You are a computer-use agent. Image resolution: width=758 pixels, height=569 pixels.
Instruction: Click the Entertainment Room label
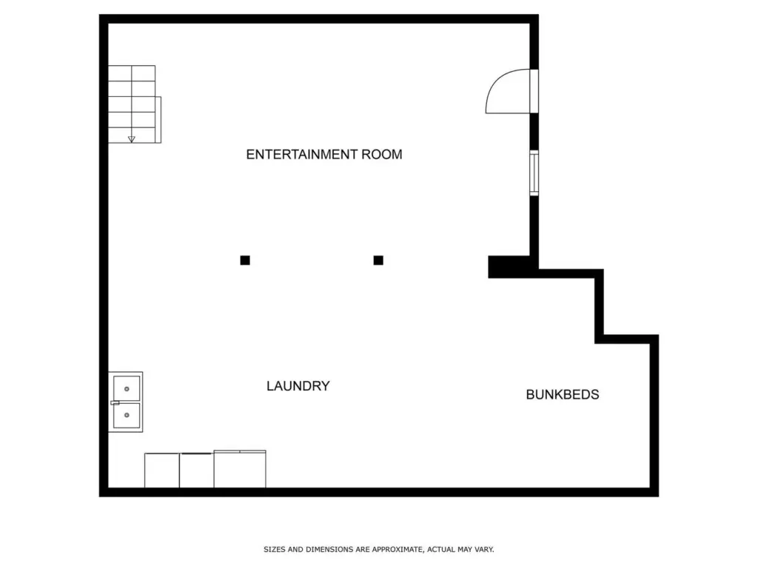click(x=324, y=154)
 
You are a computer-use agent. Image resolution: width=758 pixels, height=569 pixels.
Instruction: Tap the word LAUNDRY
click(x=298, y=385)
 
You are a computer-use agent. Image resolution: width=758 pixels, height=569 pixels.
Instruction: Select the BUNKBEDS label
click(x=563, y=394)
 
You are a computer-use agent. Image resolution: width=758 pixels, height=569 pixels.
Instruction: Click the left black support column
click(x=245, y=260)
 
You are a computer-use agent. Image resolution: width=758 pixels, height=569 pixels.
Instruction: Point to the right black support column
click(x=378, y=260)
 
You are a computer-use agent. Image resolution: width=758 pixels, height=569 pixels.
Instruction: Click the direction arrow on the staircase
click(x=132, y=139)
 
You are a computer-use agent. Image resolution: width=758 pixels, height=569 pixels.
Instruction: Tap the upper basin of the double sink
click(x=127, y=388)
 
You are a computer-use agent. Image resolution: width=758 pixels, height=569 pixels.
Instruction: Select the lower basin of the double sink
click(x=127, y=415)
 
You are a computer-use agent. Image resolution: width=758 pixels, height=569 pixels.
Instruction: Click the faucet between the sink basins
click(x=115, y=402)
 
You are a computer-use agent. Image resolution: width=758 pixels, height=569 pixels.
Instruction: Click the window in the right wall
click(x=534, y=173)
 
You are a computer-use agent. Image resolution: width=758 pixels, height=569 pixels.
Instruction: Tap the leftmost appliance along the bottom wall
click(x=162, y=470)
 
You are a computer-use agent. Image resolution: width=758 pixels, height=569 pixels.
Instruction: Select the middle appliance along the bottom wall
click(x=197, y=470)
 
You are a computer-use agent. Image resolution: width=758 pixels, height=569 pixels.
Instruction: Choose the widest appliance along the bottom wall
click(x=240, y=469)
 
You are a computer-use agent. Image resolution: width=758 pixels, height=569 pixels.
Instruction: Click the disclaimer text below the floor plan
click(x=379, y=549)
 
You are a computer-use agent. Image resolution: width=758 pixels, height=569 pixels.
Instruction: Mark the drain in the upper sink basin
click(x=127, y=389)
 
